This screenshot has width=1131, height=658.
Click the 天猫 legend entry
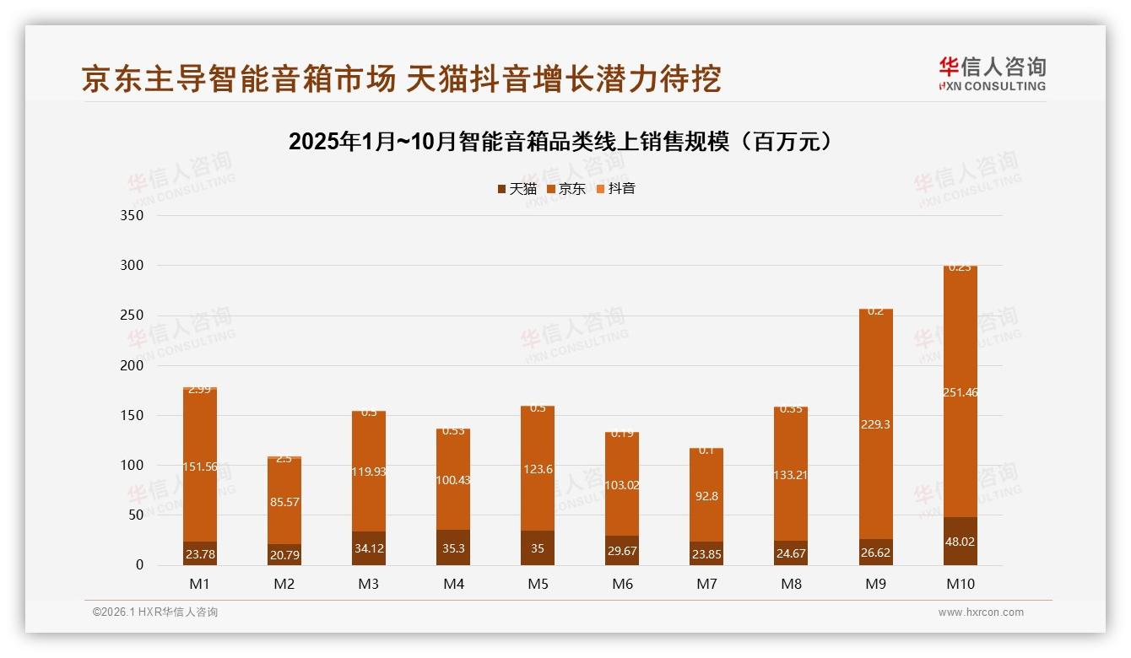pyautogui.click(x=517, y=189)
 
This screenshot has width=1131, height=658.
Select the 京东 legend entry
pyautogui.click(x=566, y=189)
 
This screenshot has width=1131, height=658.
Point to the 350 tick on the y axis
pyautogui.click(x=133, y=215)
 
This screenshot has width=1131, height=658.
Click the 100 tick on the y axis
pyautogui.click(x=133, y=465)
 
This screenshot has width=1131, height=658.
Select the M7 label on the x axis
pyautogui.click(x=706, y=584)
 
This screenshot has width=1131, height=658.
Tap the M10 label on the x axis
pyautogui.click(x=960, y=584)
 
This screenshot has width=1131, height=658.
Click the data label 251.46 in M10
pyautogui.click(x=960, y=392)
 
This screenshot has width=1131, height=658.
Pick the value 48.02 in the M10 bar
pyautogui.click(x=960, y=542)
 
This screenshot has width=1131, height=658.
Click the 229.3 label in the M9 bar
pyautogui.click(x=875, y=424)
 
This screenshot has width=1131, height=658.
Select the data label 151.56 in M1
pyautogui.click(x=200, y=467)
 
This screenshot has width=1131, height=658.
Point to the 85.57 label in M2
pyautogui.click(x=284, y=502)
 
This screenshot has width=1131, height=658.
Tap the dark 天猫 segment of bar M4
pyautogui.click(x=453, y=547)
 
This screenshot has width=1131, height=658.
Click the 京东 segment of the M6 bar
pyautogui.click(x=622, y=484)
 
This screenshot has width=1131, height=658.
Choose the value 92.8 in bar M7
pyautogui.click(x=706, y=496)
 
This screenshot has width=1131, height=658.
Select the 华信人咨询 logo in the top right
pyautogui.click(x=992, y=73)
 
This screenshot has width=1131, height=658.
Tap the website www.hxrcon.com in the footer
pyautogui.click(x=981, y=612)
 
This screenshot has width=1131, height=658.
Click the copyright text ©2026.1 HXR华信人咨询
pyautogui.click(x=155, y=612)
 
